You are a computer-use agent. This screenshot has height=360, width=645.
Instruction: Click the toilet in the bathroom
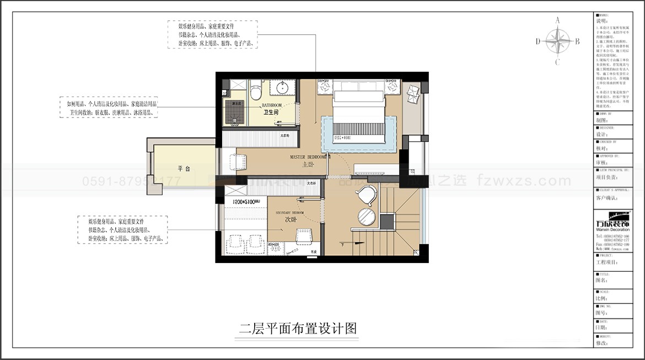point(255,92)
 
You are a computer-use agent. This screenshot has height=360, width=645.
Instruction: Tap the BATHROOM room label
point(271,105)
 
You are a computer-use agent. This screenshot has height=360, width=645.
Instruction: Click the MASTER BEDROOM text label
point(308,157)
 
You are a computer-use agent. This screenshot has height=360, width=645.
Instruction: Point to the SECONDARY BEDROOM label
point(289,212)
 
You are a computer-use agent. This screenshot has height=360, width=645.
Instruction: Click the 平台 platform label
point(184,169)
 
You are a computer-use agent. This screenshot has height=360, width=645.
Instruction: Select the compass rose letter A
point(557,20)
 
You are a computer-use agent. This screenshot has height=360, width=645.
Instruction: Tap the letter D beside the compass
point(537,41)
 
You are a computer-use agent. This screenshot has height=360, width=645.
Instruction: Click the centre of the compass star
point(557,41)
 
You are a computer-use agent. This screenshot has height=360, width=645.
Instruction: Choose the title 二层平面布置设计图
point(298,329)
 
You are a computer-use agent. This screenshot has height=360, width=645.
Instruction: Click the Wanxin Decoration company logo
point(614,222)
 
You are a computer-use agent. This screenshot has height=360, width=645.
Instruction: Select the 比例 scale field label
point(601,298)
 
